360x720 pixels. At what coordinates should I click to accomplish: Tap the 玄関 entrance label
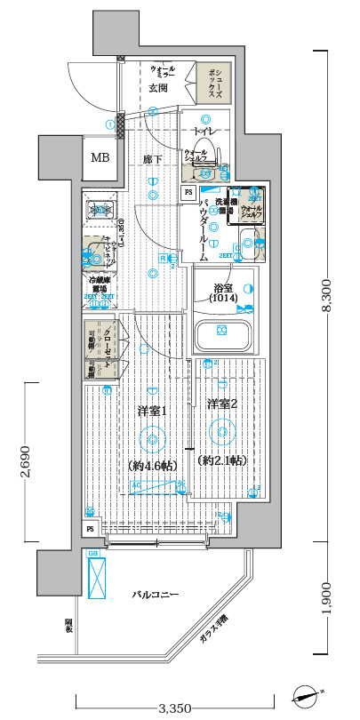pyautogui.click(x=158, y=88)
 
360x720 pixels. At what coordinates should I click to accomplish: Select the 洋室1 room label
pyautogui.click(x=152, y=411)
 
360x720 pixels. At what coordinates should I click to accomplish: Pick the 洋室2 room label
pyautogui.click(x=222, y=404)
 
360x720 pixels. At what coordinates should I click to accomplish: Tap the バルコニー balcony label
pyautogui.click(x=156, y=593)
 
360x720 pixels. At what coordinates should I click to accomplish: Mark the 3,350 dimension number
pyautogui.click(x=175, y=708)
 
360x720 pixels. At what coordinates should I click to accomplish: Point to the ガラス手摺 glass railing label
pyautogui.click(x=213, y=628)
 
